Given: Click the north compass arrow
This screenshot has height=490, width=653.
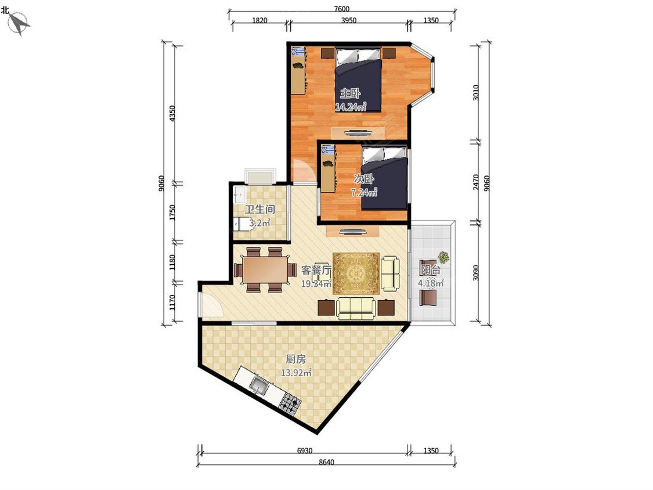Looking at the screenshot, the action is click(x=19, y=23).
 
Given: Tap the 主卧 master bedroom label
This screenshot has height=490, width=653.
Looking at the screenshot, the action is click(x=350, y=93).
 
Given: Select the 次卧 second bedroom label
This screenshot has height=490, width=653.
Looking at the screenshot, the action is click(x=363, y=179).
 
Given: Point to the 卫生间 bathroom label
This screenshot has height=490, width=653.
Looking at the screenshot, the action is click(x=259, y=209).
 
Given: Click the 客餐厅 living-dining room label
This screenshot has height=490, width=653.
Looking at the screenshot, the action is click(x=316, y=270).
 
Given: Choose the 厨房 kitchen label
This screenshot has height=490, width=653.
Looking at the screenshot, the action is click(x=295, y=359).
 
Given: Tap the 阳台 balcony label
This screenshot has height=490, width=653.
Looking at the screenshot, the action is click(x=430, y=269).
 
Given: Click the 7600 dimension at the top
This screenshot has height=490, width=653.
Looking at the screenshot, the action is click(x=341, y=9).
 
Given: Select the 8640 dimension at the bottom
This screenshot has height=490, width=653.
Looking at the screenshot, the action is click(x=326, y=462).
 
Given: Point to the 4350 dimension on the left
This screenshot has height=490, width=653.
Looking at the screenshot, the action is click(x=172, y=113).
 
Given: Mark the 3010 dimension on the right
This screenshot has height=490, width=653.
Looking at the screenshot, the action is click(x=476, y=92).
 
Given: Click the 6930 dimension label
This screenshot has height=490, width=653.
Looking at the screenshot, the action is click(x=304, y=451).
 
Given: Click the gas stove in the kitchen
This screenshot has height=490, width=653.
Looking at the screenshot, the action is click(x=290, y=403).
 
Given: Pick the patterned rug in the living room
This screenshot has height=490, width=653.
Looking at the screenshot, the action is click(x=356, y=273).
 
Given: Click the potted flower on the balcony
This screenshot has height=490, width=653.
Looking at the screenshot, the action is click(x=443, y=258).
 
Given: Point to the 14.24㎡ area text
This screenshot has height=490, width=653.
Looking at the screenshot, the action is click(x=351, y=107).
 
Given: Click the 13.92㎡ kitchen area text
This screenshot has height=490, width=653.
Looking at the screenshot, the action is click(x=296, y=373).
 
